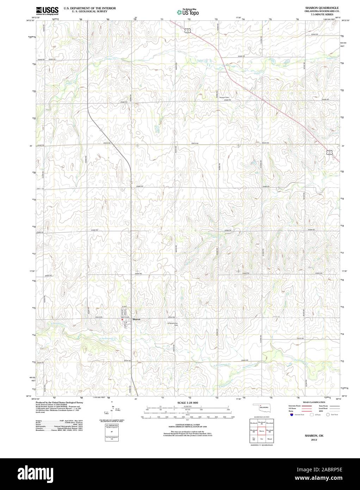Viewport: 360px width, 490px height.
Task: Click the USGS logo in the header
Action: click(47, 11)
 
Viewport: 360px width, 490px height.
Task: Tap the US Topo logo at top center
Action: click(188, 12)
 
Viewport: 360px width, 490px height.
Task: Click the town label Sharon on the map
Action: click(136, 319)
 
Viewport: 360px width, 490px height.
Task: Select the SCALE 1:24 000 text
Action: click(188, 403)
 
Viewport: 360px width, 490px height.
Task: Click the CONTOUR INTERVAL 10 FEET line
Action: click(188, 425)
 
